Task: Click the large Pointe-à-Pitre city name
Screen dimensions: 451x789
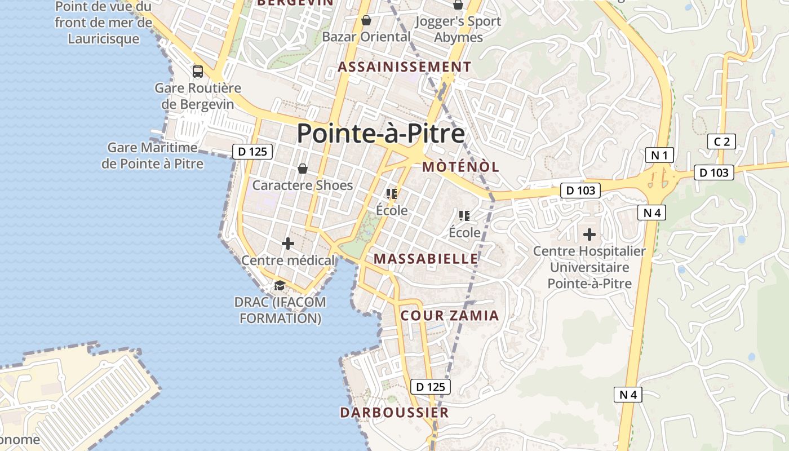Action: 380,134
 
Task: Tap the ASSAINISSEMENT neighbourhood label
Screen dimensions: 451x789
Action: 404,67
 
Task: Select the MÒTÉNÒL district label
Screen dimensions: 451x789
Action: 460,167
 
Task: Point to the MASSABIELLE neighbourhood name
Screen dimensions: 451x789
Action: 426,259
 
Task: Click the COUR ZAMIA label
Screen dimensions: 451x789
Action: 450,316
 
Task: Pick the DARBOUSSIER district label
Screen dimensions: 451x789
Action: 394,413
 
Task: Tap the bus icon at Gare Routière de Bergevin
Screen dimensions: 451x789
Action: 198,72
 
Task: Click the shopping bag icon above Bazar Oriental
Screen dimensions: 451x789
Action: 366,21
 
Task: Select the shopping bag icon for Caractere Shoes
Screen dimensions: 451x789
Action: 303,169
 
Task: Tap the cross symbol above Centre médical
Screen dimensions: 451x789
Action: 288,244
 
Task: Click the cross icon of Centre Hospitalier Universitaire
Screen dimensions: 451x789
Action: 589,234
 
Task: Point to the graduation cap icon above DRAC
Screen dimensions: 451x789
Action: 280,285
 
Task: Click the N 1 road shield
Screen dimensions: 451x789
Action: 659,155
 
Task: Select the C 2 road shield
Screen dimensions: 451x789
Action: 722,142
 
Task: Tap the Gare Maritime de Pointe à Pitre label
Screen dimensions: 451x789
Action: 153,156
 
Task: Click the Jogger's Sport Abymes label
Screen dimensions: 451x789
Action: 458,29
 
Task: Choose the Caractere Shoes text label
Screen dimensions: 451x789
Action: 303,185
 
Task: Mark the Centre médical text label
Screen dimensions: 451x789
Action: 288,260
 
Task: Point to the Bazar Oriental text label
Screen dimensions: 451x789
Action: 366,37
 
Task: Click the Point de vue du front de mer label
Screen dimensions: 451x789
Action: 104,23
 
